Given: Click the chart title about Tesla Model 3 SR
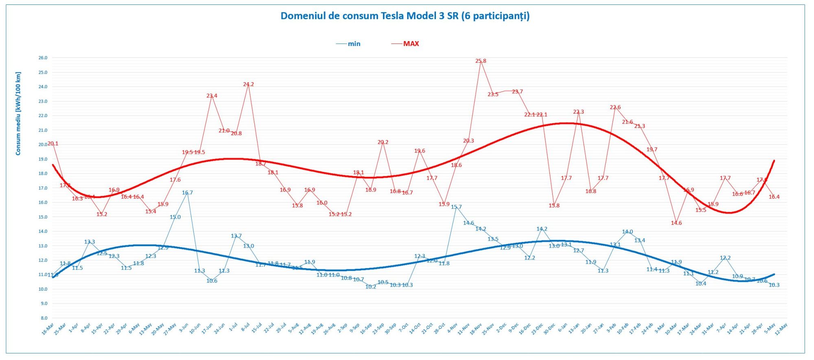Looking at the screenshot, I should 405,16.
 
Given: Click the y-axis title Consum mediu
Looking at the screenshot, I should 18,114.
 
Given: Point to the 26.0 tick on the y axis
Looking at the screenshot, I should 43,58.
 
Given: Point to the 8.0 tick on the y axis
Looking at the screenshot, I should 44,318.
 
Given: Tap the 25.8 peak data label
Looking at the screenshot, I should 481,61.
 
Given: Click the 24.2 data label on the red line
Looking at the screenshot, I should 248,84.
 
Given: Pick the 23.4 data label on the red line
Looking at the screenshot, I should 212,96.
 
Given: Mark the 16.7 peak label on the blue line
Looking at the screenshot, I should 187,193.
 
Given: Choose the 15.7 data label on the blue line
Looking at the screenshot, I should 456,207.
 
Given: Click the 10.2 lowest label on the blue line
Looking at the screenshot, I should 371,287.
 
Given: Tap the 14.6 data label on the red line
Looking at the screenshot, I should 676,223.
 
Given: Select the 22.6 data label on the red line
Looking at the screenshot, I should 615,108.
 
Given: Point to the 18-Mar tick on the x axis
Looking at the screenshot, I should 48,329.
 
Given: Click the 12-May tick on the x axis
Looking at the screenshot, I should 781,329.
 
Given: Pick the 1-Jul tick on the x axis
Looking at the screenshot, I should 233,327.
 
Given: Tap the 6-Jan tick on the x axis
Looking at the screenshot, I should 562,327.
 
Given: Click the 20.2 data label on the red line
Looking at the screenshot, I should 383,142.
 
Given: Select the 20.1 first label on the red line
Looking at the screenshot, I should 53,143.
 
